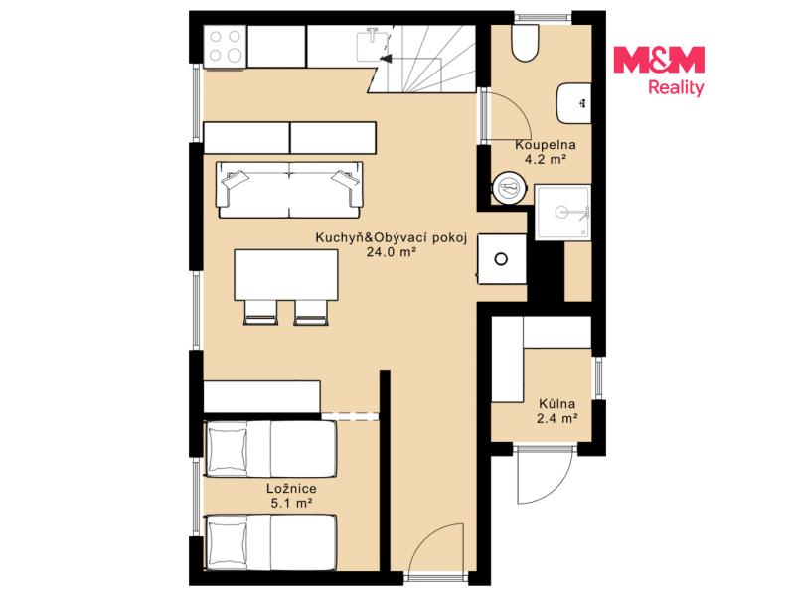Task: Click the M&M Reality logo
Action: click(659, 71)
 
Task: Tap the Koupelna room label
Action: click(545, 145)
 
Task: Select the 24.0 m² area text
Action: click(392, 252)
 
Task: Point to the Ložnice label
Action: click(291, 489)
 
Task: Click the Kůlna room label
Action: click(556, 404)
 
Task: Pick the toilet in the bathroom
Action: click(525, 43)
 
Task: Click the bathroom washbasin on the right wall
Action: click(574, 103)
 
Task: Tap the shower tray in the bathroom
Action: click(562, 213)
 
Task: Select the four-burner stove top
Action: click(226, 46)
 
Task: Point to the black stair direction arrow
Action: click(386, 59)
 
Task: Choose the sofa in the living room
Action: click(289, 190)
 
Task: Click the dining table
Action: click(286, 275)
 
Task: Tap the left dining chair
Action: click(260, 312)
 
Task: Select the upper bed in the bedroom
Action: click(269, 449)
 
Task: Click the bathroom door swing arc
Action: click(516, 109)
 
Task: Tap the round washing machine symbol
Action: click(509, 188)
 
